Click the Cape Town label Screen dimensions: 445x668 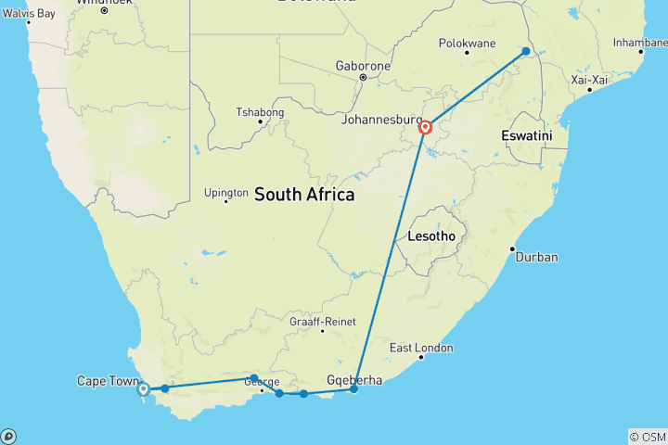tap(105, 381)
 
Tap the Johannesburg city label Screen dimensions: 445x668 tap(382, 120)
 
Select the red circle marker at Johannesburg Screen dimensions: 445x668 tap(425, 128)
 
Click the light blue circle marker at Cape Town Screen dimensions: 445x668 tap(143, 389)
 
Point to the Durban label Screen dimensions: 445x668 tap(536, 257)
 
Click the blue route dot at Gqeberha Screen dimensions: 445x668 tap(353, 389)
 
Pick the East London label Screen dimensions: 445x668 tap(421, 348)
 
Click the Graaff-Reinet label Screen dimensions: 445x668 tap(323, 322)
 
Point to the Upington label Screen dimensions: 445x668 tap(226, 193)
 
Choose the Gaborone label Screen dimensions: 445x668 tap(364, 67)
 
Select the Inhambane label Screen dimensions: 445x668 tap(641, 43)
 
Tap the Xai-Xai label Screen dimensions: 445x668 tap(590, 81)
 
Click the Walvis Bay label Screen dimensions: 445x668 tap(30, 14)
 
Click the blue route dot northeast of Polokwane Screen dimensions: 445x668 tap(526, 51)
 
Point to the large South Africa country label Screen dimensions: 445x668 tap(304, 195)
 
